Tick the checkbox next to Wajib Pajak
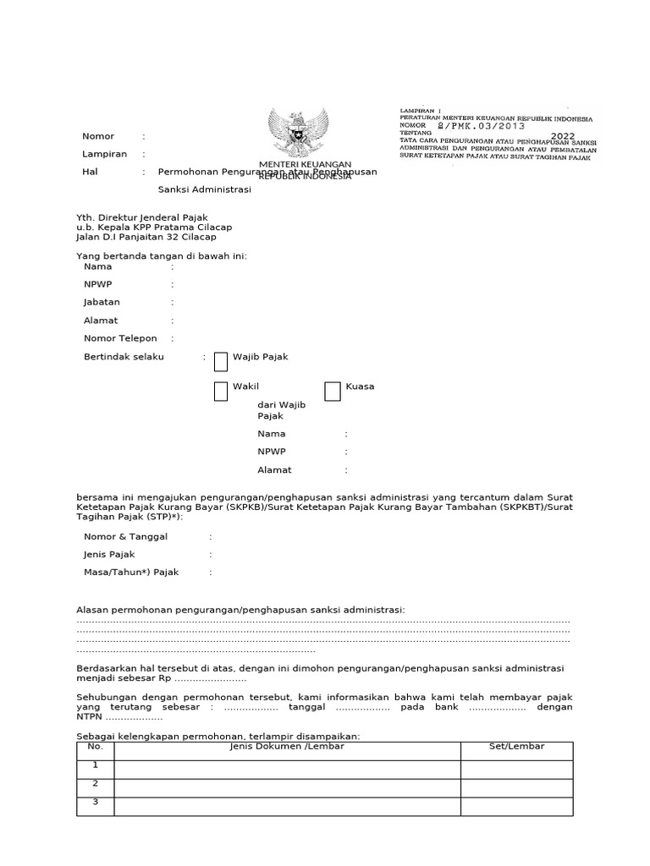(x=221, y=362)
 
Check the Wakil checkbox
(x=221, y=391)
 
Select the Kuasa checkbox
(x=333, y=391)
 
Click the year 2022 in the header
(x=563, y=136)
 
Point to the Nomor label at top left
(x=98, y=136)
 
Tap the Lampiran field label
(x=104, y=154)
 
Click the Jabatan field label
(x=102, y=302)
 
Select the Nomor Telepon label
(x=120, y=338)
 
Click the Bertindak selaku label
(x=124, y=357)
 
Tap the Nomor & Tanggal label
(x=125, y=536)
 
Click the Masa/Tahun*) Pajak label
(x=131, y=573)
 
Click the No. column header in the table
(x=95, y=747)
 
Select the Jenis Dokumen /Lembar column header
(x=287, y=747)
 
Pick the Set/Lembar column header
(x=516, y=747)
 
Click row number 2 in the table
(x=95, y=784)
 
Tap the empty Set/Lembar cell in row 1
(x=516, y=769)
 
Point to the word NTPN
(x=90, y=717)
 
